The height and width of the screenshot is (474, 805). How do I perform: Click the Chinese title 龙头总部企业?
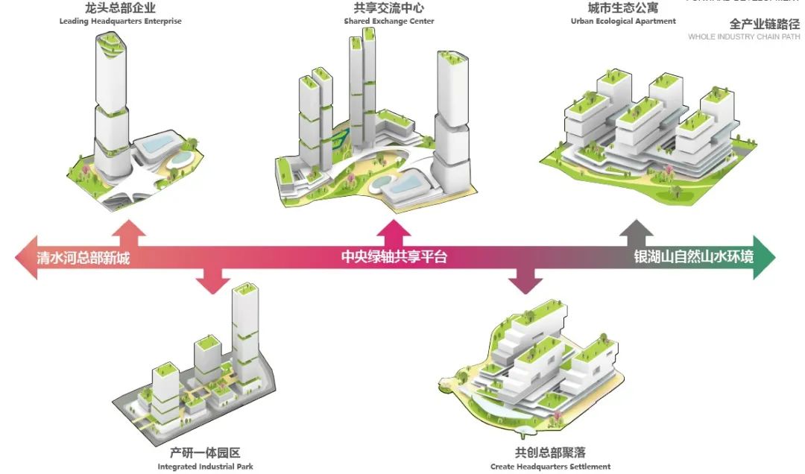[121, 9]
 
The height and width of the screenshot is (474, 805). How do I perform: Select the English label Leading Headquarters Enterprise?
[121, 22]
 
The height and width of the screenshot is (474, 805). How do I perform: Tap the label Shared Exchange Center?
[389, 22]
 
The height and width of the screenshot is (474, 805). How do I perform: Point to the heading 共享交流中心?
[389, 9]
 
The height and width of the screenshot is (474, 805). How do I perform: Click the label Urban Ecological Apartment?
[623, 22]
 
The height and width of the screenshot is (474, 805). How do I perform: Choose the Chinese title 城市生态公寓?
[623, 9]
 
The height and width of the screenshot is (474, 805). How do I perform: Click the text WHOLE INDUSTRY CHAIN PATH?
[744, 37]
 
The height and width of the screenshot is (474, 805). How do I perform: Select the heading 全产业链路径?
[764, 23]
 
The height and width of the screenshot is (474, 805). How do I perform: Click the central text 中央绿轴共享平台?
[394, 258]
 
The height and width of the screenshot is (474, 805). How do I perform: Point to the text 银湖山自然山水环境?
[693, 257]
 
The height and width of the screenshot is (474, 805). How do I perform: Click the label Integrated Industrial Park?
[206, 467]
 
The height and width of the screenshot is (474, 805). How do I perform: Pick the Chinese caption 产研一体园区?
[205, 452]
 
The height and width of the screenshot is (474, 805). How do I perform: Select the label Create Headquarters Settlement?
[550, 467]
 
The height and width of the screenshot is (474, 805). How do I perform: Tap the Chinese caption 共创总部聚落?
[550, 452]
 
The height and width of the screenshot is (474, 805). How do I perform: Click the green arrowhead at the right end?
[764, 257]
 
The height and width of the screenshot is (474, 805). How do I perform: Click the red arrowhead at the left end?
[26, 258]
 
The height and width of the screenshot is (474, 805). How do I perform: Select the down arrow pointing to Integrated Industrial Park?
[212, 281]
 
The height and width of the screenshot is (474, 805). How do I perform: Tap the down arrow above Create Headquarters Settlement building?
[526, 281]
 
